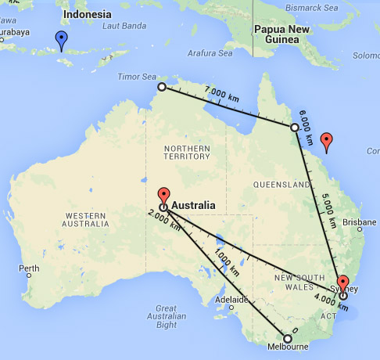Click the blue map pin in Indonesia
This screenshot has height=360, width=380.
tap(61, 39)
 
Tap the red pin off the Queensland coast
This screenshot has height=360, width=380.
tap(327, 142)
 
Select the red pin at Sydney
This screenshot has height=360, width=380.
tap(342, 283)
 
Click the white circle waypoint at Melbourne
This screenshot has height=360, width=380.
tap(287, 339)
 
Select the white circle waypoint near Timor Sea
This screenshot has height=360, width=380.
tap(162, 87)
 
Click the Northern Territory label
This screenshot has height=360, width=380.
tap(187, 150)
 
